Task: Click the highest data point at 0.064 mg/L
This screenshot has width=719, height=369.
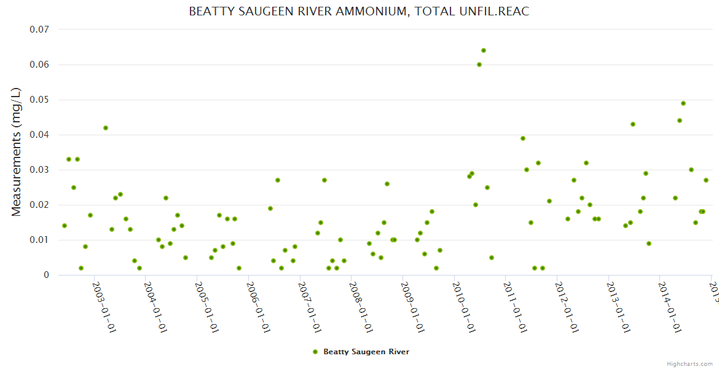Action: coord(484,50)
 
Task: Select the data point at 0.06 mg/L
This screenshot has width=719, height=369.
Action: coord(479,65)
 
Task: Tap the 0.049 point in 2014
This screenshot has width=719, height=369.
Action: coord(683,103)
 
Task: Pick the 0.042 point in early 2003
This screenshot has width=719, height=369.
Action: coord(106,128)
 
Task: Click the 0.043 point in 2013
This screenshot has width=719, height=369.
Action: coord(633,124)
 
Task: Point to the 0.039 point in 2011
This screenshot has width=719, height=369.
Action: coord(523,138)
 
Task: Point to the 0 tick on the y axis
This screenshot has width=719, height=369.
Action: coord(46,275)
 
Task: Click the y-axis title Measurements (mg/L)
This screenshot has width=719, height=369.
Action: coord(17,152)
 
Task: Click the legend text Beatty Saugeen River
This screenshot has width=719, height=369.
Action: coord(366,352)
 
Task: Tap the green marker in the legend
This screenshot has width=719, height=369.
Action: coord(315,352)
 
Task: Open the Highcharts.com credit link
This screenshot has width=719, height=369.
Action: coord(690,363)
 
